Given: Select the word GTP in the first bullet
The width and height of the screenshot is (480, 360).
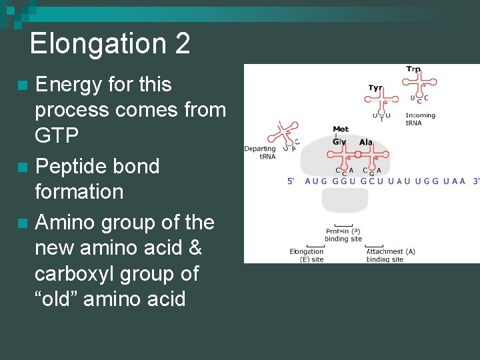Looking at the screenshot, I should (57, 135).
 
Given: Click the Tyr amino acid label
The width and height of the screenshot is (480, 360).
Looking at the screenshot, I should (376, 88).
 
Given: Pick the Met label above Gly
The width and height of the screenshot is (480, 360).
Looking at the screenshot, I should (341, 129).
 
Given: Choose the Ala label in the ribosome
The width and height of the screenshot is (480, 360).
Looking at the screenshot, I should (366, 142).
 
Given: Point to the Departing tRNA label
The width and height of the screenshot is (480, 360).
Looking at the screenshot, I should (260, 152).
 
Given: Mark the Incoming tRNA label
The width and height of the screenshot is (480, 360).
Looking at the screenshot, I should (420, 119).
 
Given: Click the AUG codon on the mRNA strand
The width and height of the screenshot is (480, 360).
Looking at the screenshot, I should (317, 181).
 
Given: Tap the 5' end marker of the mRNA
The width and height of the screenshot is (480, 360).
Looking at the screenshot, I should (291, 181).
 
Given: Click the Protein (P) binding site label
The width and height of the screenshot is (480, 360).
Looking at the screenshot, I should (343, 235).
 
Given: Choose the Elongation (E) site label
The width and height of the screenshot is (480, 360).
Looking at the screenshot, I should (307, 255).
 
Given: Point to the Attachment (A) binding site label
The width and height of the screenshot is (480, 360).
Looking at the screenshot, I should (390, 255).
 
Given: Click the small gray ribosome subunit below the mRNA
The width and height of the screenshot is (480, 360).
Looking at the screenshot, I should (344, 200).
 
